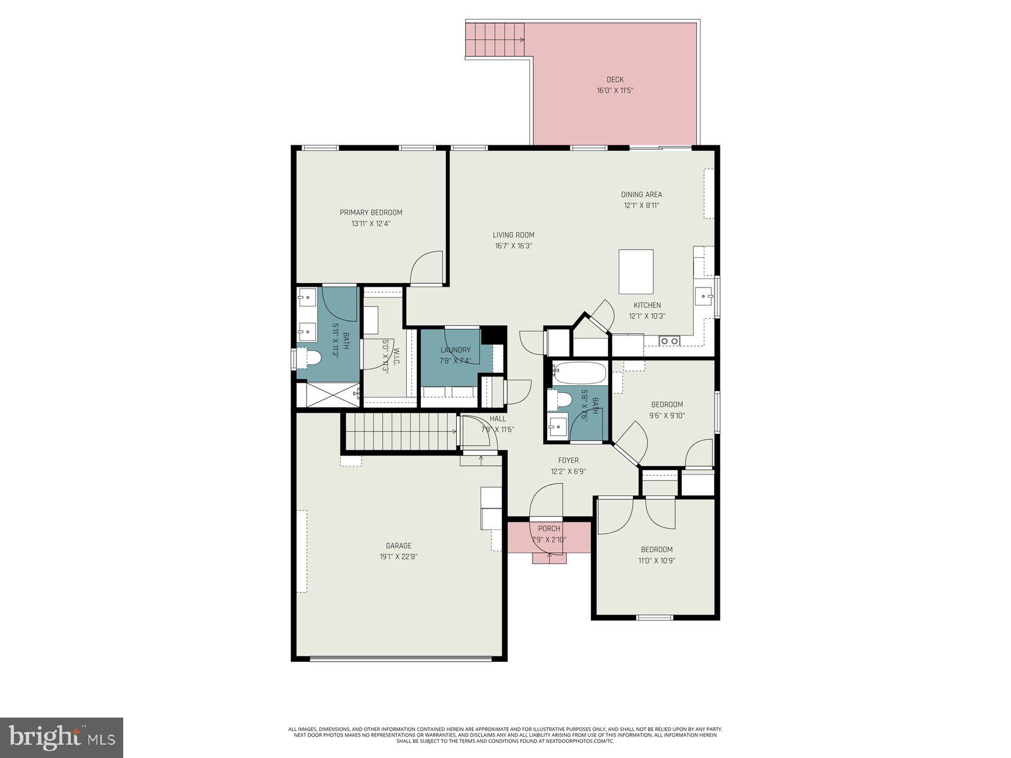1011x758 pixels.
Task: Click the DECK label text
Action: pos(615,80)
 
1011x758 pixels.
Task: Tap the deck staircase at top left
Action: pos(495,40)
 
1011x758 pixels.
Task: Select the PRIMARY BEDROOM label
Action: pos(371,212)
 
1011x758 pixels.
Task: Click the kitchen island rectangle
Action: pos(636,272)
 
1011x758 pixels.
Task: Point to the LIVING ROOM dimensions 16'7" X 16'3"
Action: pos(514,246)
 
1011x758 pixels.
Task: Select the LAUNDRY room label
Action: pos(456,350)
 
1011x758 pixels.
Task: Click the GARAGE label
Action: pos(399,546)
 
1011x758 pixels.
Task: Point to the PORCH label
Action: pos(549,529)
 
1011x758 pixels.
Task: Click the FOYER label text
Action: pos(568,460)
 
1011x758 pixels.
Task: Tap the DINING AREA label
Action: pos(641,195)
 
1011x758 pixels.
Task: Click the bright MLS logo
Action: pos(61,737)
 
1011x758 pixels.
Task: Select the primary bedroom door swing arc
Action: pos(426,267)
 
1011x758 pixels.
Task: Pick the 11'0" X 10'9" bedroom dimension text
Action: pos(657,560)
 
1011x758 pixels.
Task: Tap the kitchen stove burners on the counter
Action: pos(669,341)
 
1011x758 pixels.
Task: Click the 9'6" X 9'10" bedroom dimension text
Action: pos(667,416)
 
